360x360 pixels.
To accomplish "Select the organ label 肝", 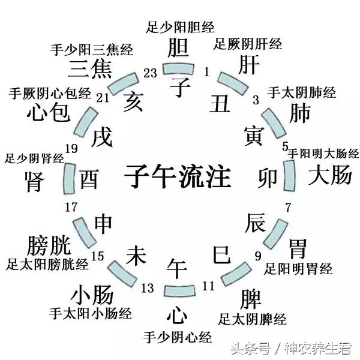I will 250,65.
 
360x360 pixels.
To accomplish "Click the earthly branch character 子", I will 180,86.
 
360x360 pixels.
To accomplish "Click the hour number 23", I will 150,73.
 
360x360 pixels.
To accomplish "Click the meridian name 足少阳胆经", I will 181,26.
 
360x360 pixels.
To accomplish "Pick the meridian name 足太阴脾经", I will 252,319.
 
